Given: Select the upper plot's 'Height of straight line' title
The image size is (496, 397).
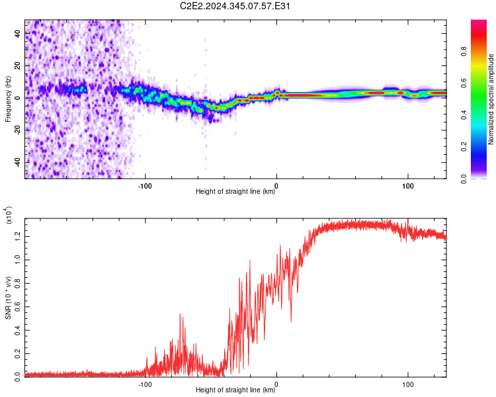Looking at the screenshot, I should coord(236,192).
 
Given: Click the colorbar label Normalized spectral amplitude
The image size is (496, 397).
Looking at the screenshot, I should coord(491,99).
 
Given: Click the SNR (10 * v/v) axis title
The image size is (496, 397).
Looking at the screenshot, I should coord(8,296).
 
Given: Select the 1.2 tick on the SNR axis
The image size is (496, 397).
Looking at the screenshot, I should coord(18,235).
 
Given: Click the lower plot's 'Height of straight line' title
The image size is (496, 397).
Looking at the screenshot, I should coord(236,390).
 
